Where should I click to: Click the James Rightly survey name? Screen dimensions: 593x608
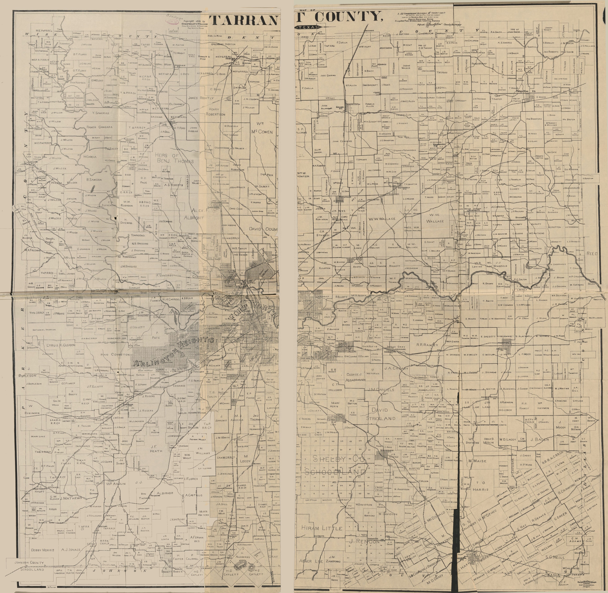tap(201, 98)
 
